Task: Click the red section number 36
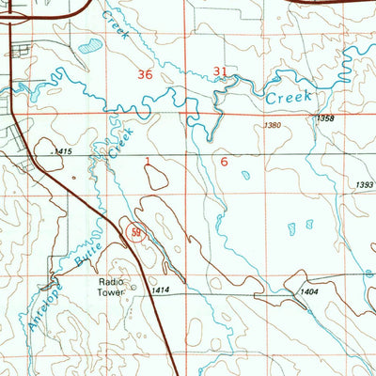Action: point(144,74)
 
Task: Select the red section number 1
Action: point(148,162)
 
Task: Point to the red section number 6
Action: point(224,162)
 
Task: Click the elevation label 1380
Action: point(273,125)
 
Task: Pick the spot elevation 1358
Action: point(325,117)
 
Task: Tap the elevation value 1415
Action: point(61,151)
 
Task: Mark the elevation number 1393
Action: point(365,184)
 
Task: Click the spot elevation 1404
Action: point(306,292)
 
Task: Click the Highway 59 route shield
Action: point(136,228)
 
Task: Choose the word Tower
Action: point(109,291)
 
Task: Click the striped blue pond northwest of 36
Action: point(91,44)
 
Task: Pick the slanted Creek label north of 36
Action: point(119,16)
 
